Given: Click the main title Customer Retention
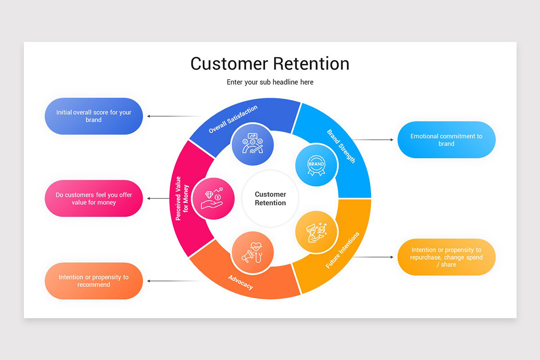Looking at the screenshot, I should coord(270,63).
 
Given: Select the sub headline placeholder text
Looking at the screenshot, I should coord(270,82).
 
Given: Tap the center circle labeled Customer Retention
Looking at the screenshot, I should coord(270,198).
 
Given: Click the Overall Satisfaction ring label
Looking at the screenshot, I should coord(233,119).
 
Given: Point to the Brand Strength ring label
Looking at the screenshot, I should coord(341,147).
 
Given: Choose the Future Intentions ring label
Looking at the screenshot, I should coord(342,250).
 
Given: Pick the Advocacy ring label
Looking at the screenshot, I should coord(240,283).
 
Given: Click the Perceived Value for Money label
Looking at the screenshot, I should coord(182,198).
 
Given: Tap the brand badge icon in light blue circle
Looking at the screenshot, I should coord(316,165).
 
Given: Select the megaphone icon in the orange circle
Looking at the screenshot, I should coord(252,252).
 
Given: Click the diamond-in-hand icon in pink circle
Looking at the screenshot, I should coord(213,198).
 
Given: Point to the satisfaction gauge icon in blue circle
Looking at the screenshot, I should coord(252,144).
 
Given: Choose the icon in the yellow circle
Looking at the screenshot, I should coord(316,232).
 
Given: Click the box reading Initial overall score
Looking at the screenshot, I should coord(94,116).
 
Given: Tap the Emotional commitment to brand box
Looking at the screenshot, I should coord(446,140).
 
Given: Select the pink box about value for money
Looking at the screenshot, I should coord(94,198).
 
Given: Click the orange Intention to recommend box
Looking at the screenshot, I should coord(94,281).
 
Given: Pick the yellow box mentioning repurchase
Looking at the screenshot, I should coord(446,257).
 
